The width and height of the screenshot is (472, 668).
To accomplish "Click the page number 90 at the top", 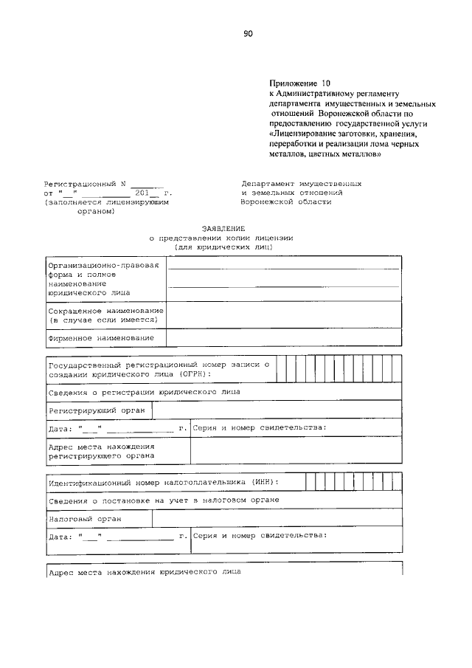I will (248, 32).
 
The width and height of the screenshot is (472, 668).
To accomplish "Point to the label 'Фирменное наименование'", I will (101, 337).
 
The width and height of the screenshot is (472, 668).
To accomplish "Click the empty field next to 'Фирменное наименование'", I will (284, 337).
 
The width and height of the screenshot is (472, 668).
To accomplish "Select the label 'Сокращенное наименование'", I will (105, 311).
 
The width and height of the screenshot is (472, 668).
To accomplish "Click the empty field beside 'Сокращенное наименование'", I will (284, 315).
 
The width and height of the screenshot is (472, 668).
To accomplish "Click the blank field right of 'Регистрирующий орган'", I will (277, 410).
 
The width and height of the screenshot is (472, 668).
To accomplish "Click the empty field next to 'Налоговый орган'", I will (277, 518).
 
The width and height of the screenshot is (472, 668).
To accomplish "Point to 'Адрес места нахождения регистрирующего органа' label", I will (101, 451).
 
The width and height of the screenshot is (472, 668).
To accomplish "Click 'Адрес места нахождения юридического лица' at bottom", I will (144, 572).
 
